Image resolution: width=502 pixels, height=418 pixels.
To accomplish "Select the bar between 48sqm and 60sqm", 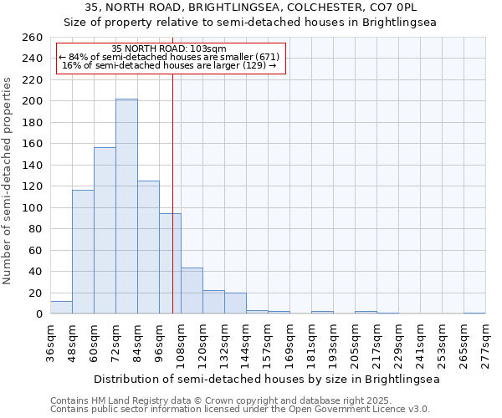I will click(x=83, y=252).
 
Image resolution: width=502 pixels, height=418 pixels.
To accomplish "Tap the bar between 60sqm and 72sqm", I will click(x=105, y=231).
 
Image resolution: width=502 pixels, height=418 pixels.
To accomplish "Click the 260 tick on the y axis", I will click(x=33, y=38).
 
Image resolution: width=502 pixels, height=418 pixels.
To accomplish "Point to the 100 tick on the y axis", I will click(x=33, y=207).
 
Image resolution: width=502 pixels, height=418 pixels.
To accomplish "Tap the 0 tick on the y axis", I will click(x=38, y=314).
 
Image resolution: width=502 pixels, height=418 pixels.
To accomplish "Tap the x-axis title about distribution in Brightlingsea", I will click(x=266, y=379).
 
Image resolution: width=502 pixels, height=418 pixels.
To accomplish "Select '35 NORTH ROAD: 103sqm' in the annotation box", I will click(x=168, y=49).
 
